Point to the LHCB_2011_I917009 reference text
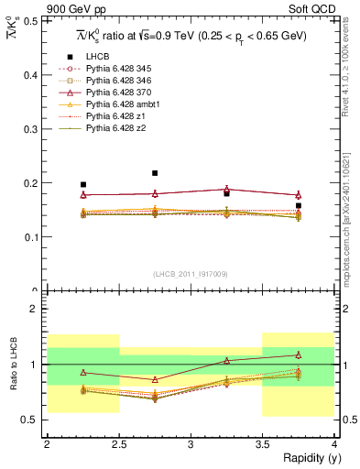tap(190, 274)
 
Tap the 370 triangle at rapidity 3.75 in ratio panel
tap(298, 354)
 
